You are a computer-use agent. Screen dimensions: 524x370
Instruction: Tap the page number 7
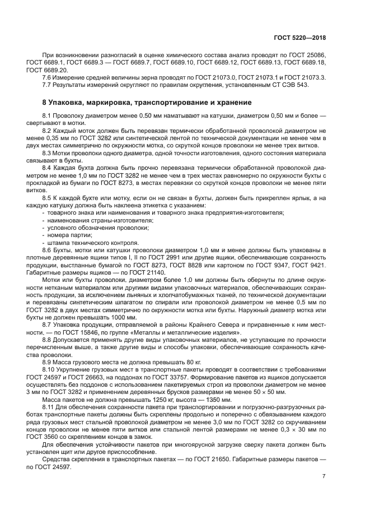coord(324,476)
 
